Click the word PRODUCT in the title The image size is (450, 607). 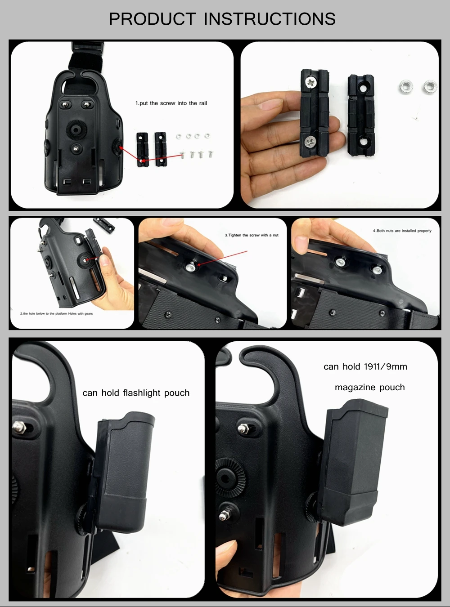point(152,18)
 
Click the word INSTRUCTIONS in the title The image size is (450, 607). point(270,18)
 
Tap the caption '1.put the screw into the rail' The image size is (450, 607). point(171,103)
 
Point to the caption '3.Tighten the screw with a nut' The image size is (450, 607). point(252,235)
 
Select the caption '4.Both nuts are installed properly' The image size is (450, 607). point(402,231)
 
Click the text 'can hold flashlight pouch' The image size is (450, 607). point(136,393)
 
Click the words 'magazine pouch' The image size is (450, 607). point(370,387)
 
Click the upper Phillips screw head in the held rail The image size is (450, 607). point(311,82)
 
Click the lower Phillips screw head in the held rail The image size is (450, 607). point(310,142)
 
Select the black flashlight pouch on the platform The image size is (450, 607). point(123,473)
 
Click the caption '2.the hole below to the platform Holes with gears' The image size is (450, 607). point(56,314)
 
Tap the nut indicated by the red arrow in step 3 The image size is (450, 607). point(191,266)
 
